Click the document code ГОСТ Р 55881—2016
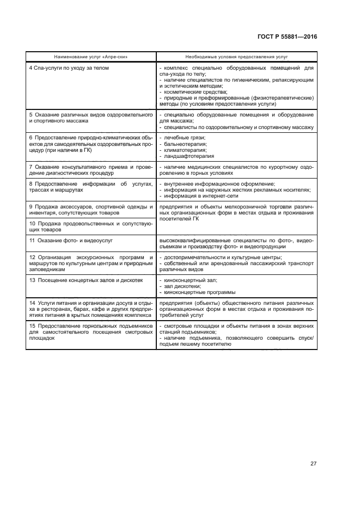point(286,36)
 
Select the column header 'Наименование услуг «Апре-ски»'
point(91,57)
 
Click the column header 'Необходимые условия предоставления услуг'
point(236,57)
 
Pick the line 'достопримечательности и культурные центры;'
point(223,257)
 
